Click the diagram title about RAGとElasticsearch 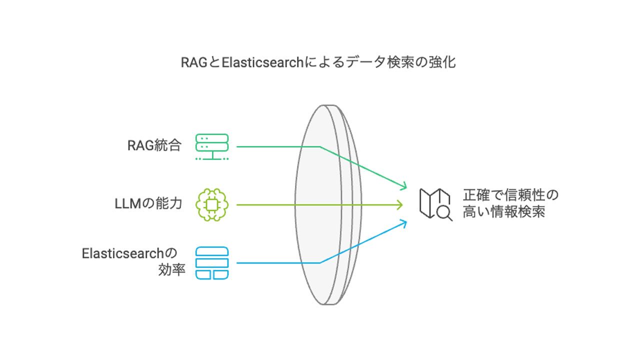tap(318, 62)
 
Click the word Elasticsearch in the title tap(262, 62)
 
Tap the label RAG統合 tap(154, 145)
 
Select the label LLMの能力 tap(148, 203)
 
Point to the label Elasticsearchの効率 tap(133, 261)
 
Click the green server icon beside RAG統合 tap(212, 146)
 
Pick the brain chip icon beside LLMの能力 tap(212, 204)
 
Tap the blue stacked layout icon tap(212, 263)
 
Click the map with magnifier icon tap(435, 204)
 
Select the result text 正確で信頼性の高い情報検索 tap(510, 203)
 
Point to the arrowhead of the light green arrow tap(400, 205)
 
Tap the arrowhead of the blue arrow tap(404, 223)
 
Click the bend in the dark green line tap(319, 146)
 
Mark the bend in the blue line tap(319, 263)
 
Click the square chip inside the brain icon tap(211, 204)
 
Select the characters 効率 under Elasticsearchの tap(171, 269)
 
